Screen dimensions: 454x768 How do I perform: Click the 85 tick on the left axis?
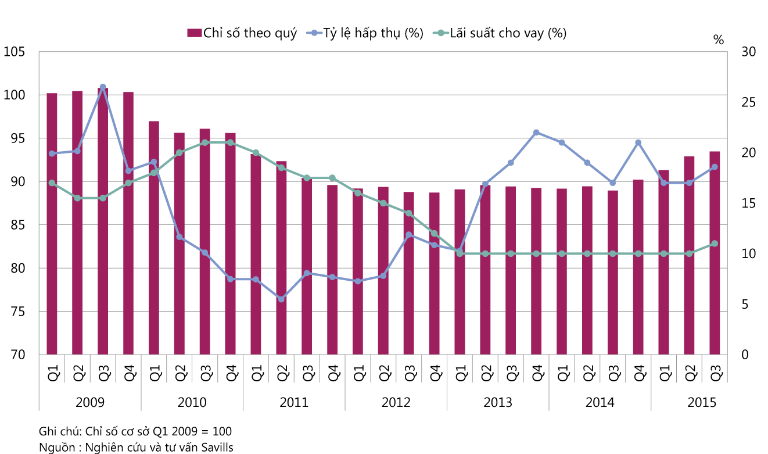pyautogui.click(x=17, y=225)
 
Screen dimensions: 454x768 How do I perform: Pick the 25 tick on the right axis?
pyautogui.click(x=749, y=102)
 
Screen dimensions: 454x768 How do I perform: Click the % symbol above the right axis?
pyautogui.click(x=719, y=40)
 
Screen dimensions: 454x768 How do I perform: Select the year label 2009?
pyautogui.click(x=90, y=402)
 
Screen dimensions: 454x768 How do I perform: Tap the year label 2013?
pyautogui.click(x=498, y=402)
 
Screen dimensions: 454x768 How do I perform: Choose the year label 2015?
pyautogui.click(x=702, y=402)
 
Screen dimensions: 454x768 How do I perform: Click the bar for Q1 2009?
pyautogui.click(x=52, y=224)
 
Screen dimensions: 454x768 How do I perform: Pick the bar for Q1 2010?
pyautogui.click(x=154, y=238)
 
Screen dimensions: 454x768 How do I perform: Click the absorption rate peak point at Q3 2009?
pyautogui.click(x=103, y=87)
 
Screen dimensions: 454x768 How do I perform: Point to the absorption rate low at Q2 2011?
pyautogui.click(x=281, y=299)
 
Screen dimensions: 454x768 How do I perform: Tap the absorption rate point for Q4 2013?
pyautogui.click(x=536, y=133)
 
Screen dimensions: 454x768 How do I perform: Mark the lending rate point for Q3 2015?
pyautogui.click(x=715, y=244)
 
